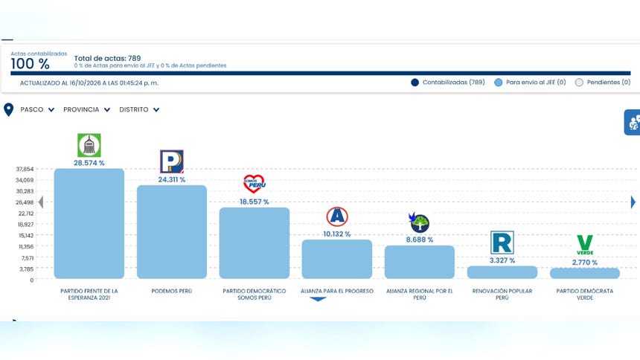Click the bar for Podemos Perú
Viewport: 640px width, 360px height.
172,232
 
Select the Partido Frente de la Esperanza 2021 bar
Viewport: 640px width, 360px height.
89,224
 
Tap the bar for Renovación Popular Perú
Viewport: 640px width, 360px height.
502,272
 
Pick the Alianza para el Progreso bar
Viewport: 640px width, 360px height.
336,259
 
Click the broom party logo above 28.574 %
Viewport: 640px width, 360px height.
89,145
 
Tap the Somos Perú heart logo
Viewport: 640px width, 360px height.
255,184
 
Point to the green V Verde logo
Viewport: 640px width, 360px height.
584,245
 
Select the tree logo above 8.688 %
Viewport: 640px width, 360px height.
419,223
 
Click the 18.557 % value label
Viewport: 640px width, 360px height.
255,202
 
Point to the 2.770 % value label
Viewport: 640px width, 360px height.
584,263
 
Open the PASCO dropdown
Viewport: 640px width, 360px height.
37,109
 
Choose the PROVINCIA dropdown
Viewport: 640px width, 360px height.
86,109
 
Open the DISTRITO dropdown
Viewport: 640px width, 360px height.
139,109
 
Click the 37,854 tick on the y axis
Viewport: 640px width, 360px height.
25,169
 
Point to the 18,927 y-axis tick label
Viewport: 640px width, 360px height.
26,225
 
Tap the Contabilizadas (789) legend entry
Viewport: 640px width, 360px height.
448,83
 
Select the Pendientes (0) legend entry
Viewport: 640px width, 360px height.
603,83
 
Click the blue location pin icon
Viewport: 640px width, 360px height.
9,110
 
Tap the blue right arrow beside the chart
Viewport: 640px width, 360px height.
633,202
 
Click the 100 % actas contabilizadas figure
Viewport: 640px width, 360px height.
31,64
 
